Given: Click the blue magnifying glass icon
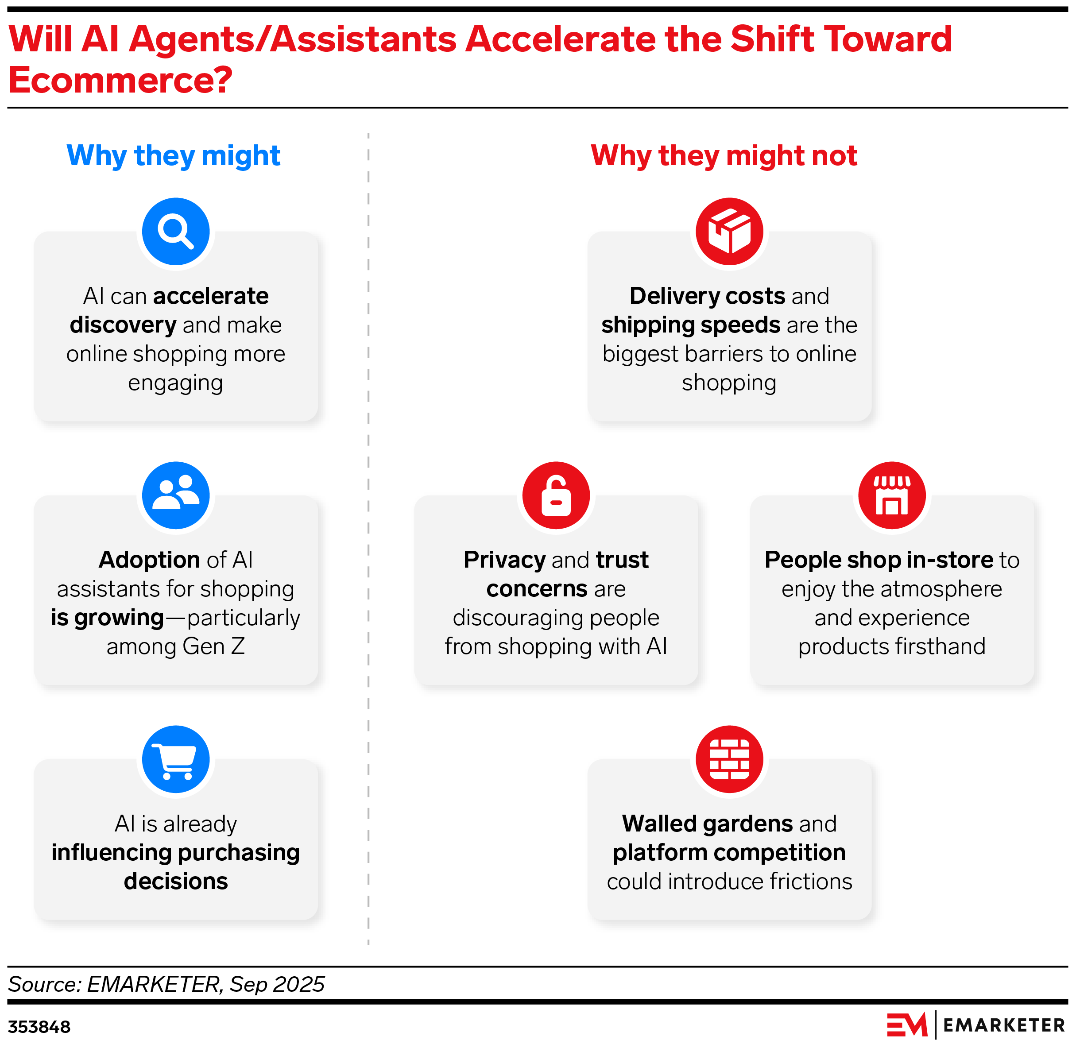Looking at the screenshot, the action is (x=176, y=231).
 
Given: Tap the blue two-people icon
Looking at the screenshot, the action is (x=176, y=495).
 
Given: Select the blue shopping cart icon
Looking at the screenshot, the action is (x=176, y=759).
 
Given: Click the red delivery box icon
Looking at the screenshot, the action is (x=729, y=231).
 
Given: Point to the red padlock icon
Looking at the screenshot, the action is (x=556, y=495).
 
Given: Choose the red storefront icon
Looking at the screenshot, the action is (x=892, y=495).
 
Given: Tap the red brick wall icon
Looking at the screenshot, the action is (x=729, y=759).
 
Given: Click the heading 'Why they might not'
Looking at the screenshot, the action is (x=724, y=155).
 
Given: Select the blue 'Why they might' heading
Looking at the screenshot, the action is (x=174, y=155).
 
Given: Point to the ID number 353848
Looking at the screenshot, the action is (x=39, y=1027).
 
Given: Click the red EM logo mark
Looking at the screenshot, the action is (x=907, y=1025).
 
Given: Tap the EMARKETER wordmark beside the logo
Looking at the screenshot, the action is (x=1004, y=1025).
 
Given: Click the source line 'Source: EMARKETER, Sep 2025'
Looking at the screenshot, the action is (x=166, y=984).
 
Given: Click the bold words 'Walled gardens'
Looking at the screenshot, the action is (x=707, y=824).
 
